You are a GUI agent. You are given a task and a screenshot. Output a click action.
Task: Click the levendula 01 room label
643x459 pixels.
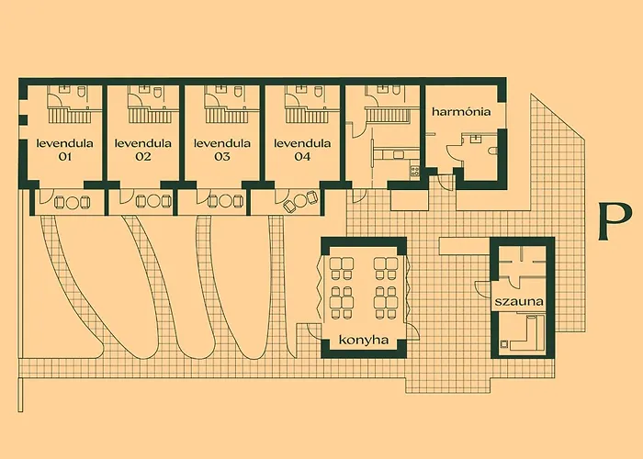tap(65, 150)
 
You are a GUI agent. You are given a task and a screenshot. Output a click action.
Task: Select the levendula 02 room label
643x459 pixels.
tap(142, 150)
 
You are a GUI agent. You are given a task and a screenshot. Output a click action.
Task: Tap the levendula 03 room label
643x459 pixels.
tap(222, 150)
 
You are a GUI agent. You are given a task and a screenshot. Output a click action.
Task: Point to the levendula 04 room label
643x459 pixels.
tap(302, 150)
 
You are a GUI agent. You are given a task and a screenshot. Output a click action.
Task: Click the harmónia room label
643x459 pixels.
tap(461, 111)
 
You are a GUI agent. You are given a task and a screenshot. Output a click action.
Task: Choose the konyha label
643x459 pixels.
tap(364, 340)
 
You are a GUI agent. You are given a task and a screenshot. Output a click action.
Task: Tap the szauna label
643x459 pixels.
tap(519, 302)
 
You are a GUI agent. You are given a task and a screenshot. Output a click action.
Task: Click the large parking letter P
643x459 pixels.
tap(614, 222)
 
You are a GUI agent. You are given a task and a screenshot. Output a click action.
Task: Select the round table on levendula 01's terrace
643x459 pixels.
tap(73, 202)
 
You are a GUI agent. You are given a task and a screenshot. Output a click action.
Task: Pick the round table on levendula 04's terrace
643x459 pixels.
tap(299, 201)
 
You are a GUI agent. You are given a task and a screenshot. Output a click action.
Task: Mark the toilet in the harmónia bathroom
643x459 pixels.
tap(493, 150)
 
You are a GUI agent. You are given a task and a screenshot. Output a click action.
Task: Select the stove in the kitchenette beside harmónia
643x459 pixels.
tap(414, 172)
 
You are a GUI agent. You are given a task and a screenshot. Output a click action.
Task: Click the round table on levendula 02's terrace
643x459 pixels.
tap(152, 201)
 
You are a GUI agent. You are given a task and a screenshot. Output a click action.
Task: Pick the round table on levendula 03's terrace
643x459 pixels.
tap(225, 201)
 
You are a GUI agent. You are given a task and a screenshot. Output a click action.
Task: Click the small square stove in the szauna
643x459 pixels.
tap(504, 344)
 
